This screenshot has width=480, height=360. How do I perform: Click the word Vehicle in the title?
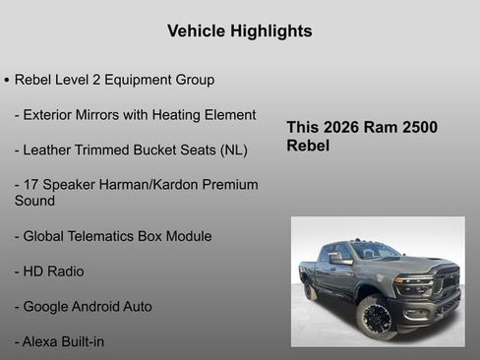tap(197, 31)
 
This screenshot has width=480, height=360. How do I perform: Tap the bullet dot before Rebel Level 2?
tap(7, 79)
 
